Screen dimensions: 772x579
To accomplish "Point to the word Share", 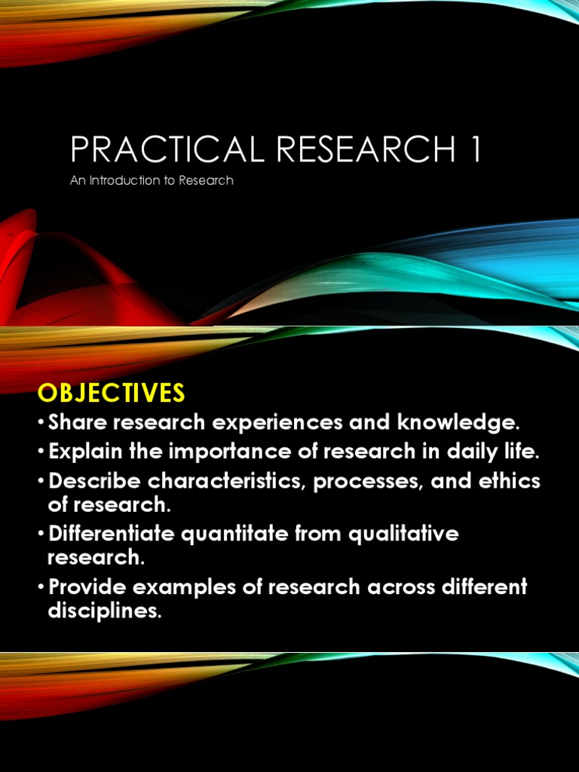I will (76, 422).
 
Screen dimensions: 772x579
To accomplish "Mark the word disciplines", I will (105, 611).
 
